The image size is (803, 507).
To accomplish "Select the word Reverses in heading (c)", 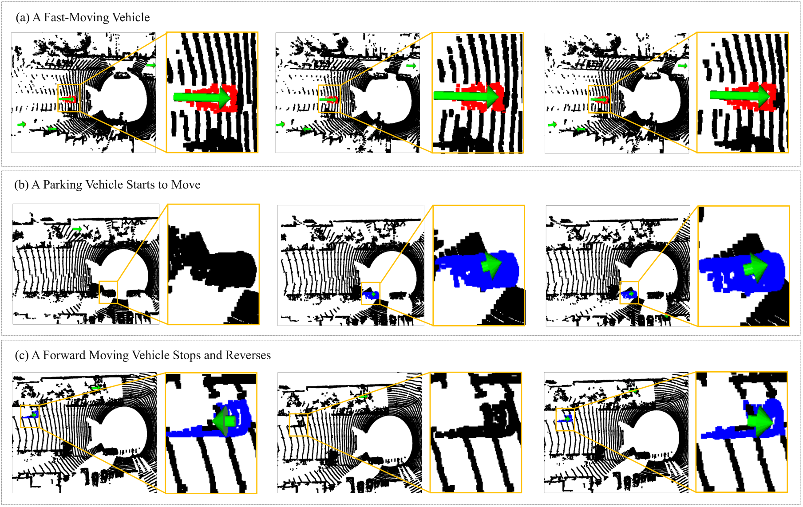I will click(248, 355).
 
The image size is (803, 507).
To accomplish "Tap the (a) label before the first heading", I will click(23, 18).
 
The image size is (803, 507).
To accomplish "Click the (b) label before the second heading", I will click(21, 185).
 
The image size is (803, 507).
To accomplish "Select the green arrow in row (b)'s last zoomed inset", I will click(755, 267).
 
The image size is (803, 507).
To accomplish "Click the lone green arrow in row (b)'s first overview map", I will click(77, 229).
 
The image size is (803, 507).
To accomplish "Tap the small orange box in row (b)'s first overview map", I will click(108, 292).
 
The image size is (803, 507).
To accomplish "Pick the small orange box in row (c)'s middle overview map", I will click(298, 425).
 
